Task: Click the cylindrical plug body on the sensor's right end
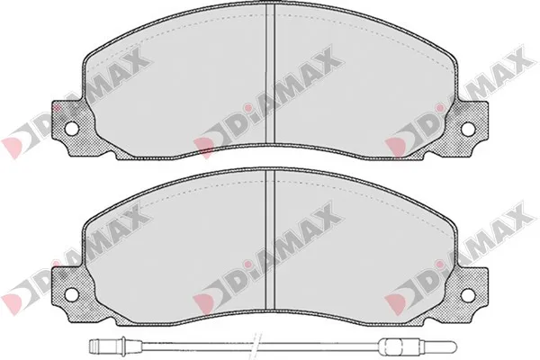point(393,343)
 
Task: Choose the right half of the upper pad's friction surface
point(360,90)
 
